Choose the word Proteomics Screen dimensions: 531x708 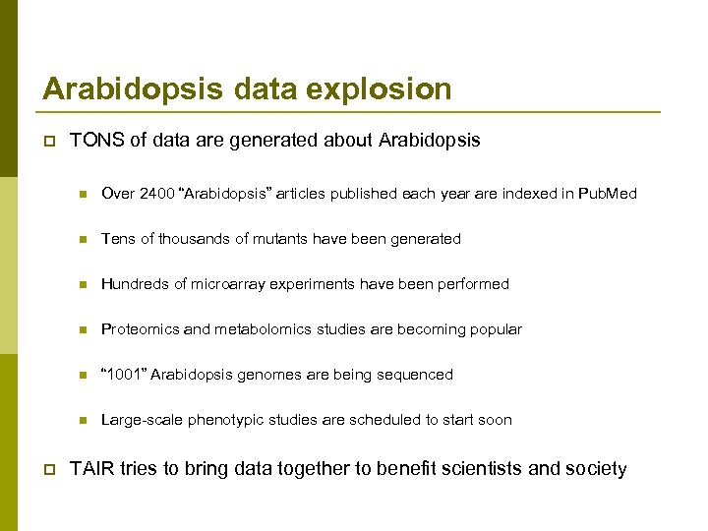pos(139,329)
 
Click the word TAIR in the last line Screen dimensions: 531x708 pos(91,469)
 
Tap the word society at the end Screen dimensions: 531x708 pos(596,469)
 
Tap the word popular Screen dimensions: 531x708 pos(496,329)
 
